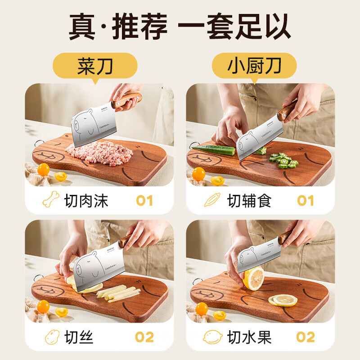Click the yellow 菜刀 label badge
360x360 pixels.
click(94, 66)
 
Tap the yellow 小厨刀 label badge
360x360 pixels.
click(254, 66)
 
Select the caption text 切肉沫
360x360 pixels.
click(86, 200)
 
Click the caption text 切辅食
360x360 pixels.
click(249, 200)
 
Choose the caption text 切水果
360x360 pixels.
click(249, 337)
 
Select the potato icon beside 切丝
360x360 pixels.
click(51, 337)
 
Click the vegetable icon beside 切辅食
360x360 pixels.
click(212, 199)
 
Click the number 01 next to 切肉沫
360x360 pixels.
click(144, 200)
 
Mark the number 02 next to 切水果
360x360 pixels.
click(306, 337)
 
